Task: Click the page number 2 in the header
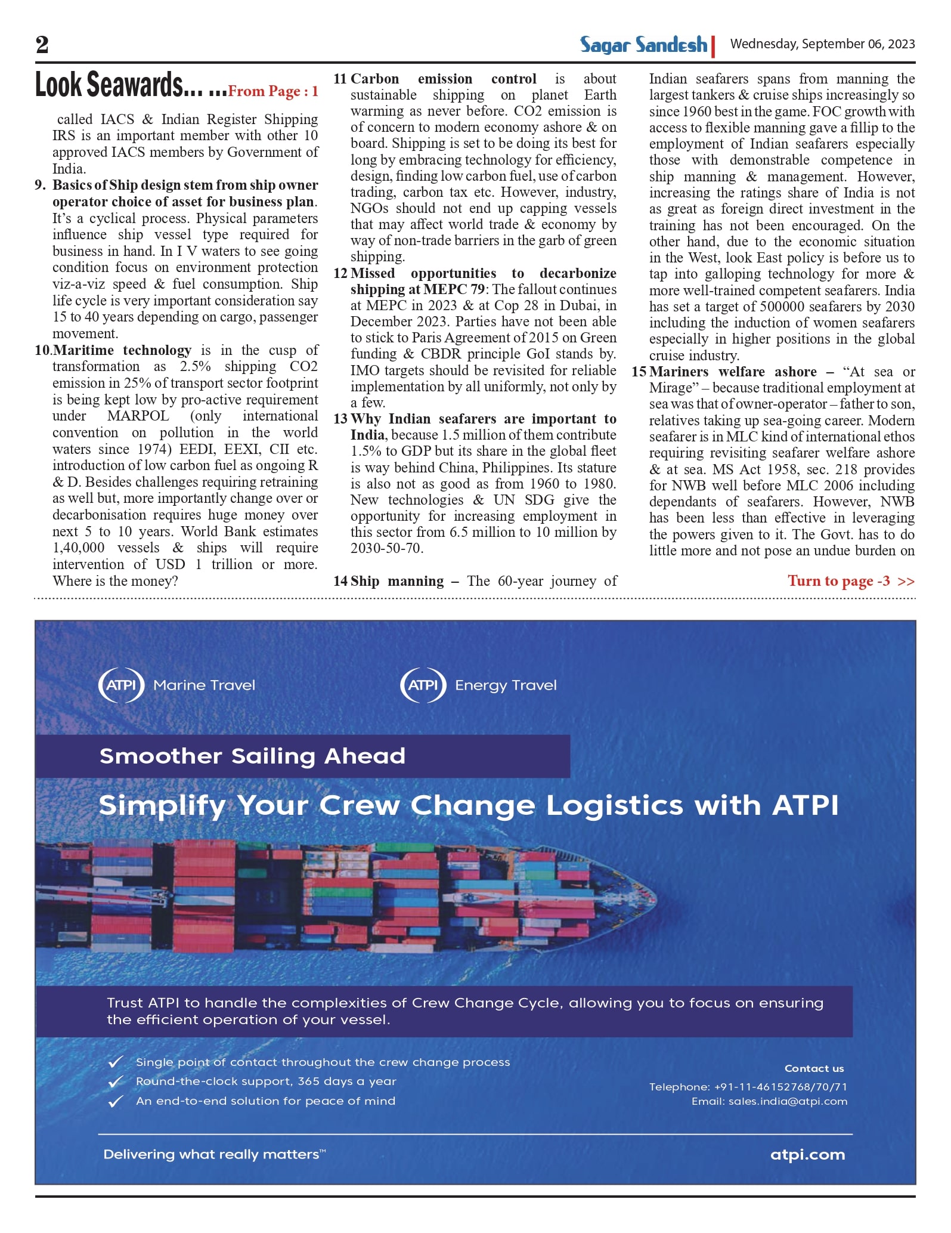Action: (42, 44)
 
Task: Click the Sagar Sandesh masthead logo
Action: (644, 45)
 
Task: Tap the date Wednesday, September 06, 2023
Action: (822, 44)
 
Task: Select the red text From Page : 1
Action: (273, 91)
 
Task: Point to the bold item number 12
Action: (340, 273)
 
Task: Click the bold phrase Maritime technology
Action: (122, 350)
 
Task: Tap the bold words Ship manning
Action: (397, 581)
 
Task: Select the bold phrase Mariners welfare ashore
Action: (733, 372)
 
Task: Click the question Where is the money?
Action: (115, 581)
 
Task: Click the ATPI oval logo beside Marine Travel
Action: (121, 685)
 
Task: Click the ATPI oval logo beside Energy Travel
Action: (423, 685)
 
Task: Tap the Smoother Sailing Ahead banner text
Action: (252, 756)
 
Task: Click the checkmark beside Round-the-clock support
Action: (116, 1081)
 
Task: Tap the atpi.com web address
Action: (807, 1154)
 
